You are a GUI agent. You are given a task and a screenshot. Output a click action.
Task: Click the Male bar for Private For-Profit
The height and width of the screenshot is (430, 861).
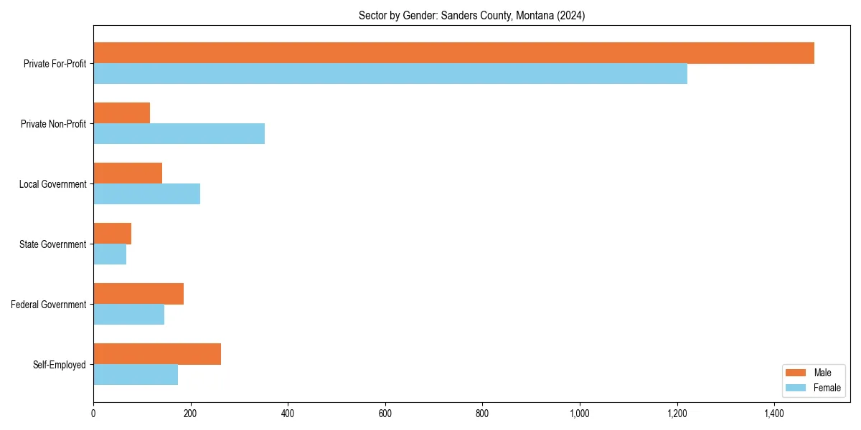pyautogui.click(x=453, y=53)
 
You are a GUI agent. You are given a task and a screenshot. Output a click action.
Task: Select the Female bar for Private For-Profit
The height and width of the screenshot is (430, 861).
pyautogui.click(x=390, y=74)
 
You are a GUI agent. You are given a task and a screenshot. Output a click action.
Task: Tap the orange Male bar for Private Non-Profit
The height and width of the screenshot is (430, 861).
pyautogui.click(x=121, y=113)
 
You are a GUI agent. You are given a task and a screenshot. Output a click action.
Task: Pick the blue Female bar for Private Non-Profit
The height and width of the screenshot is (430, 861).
pyautogui.click(x=179, y=134)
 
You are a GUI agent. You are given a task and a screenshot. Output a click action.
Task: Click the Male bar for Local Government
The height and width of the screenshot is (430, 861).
pyautogui.click(x=128, y=173)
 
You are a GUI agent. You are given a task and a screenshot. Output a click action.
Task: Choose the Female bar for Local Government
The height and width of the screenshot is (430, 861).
pyautogui.click(x=146, y=194)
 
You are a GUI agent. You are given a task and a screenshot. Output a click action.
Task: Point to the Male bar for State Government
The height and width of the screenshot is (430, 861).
pyautogui.click(x=112, y=234)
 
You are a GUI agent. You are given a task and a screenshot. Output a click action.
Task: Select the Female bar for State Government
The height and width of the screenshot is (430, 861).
pyautogui.click(x=110, y=254)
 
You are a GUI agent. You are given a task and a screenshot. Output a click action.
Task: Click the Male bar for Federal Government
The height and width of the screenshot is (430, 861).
pyautogui.click(x=138, y=294)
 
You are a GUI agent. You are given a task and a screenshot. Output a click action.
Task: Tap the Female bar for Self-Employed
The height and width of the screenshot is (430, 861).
pyautogui.click(x=136, y=375)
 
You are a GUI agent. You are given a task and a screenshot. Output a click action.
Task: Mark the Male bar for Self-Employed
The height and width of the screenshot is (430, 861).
pyautogui.click(x=157, y=354)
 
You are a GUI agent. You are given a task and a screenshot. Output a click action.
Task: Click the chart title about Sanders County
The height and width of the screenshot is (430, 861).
pyautogui.click(x=471, y=16)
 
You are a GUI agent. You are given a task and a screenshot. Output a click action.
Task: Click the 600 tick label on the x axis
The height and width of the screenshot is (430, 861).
pyautogui.click(x=385, y=414)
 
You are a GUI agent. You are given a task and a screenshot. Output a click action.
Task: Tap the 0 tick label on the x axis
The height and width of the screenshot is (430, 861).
pyautogui.click(x=93, y=414)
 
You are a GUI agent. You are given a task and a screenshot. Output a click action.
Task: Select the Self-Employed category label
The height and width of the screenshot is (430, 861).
pyautogui.click(x=60, y=365)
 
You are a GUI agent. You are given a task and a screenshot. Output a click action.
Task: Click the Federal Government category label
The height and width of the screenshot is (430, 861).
pyautogui.click(x=49, y=305)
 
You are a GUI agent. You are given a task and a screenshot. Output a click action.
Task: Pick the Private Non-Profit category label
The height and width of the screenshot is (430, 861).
pyautogui.click(x=53, y=124)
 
